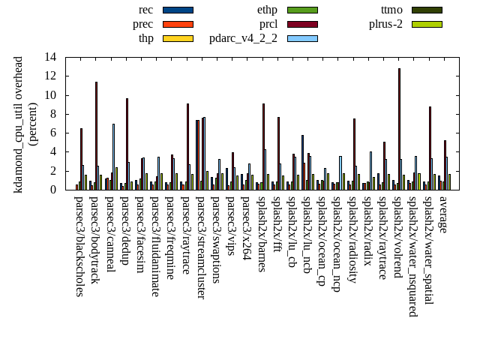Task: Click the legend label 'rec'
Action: tap(146, 10)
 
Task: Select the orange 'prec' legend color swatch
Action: tap(178, 24)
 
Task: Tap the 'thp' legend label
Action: tap(146, 38)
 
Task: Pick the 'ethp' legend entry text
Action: tap(267, 10)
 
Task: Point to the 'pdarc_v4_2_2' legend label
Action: tap(243, 38)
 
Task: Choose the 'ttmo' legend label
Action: tap(391, 10)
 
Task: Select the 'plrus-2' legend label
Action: tap(385, 24)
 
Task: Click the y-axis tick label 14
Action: tap(50, 57)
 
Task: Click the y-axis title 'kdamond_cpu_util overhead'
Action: tap(19, 124)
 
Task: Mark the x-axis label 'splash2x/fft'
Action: tap(277, 228)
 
